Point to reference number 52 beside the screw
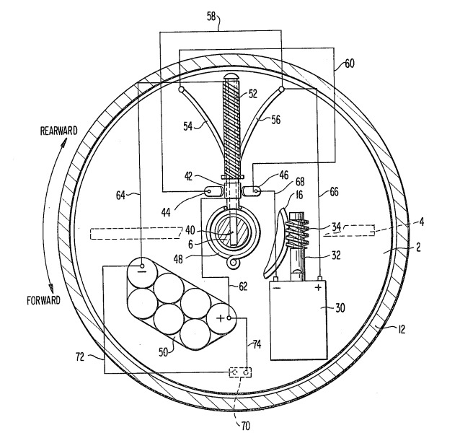254,92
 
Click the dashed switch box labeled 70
239,373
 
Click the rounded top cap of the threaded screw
231,76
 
